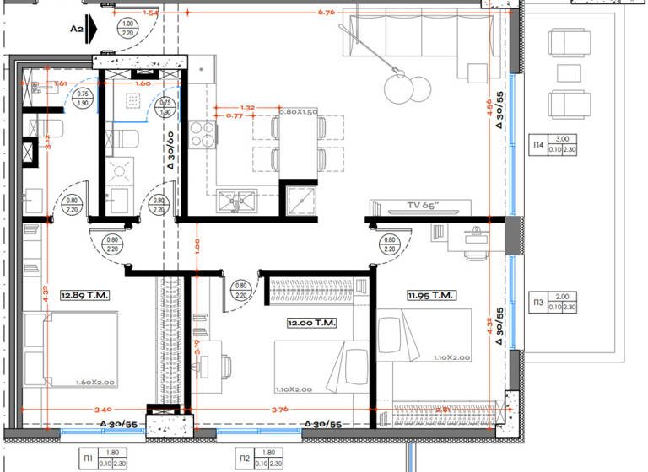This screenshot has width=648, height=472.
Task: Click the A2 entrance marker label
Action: [x=76, y=28]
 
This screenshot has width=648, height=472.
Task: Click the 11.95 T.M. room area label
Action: [x=431, y=295]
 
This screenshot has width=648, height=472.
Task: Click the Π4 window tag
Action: [x=537, y=145]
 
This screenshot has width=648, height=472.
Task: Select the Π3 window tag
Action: [x=537, y=303]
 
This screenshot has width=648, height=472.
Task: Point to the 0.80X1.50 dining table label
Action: [x=298, y=112]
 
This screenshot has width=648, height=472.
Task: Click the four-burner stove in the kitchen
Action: [x=202, y=133]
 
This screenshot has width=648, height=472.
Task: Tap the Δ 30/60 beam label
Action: [x=170, y=152]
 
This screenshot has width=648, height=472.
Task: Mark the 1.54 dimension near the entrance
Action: [x=151, y=13]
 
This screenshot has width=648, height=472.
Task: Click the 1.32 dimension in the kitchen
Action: [x=247, y=108]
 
